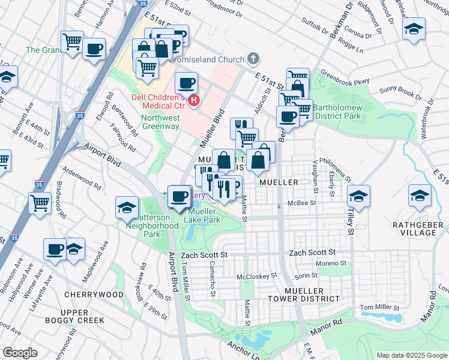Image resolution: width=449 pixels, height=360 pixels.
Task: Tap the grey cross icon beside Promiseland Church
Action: click(254, 59)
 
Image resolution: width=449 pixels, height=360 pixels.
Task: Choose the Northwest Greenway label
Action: click(160, 122)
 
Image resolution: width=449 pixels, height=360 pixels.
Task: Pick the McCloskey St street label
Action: click(258, 277)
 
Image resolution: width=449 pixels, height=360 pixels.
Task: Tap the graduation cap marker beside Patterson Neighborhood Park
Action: click(127, 207)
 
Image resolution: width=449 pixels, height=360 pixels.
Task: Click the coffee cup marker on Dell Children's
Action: click(186, 82)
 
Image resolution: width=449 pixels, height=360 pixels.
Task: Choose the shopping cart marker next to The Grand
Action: click(72, 41)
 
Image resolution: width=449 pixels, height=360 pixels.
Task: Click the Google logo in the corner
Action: click(20, 353)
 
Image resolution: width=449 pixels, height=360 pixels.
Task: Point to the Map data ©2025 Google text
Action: click(411, 355)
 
